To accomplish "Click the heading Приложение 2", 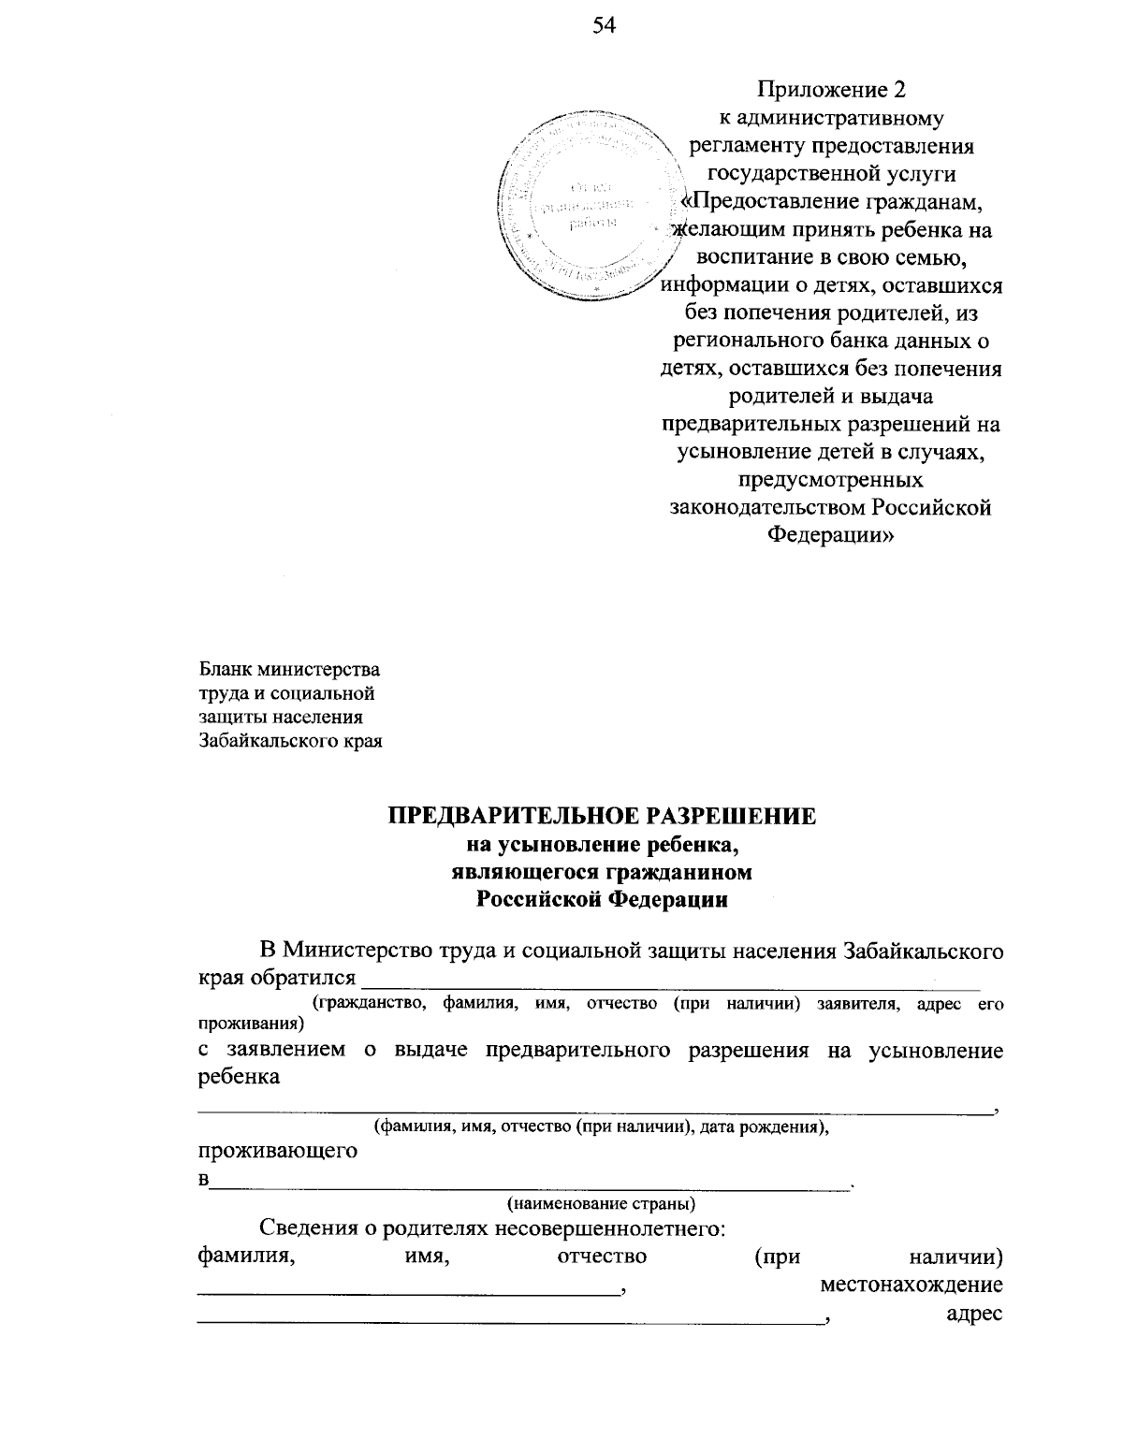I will pos(832,91).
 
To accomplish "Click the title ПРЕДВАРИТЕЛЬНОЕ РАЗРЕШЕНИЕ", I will pos(603,816).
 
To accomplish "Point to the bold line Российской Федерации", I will pos(602,900).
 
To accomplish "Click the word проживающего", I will pos(278,1151).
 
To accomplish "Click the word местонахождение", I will pos(912,1285).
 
